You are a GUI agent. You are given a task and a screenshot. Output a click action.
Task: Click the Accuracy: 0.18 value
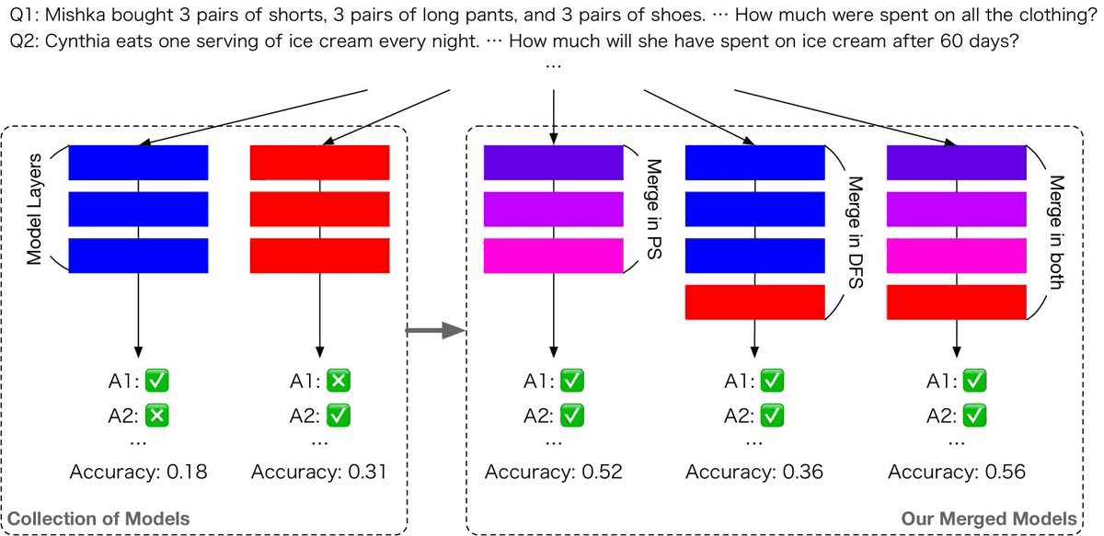pyautogui.click(x=138, y=473)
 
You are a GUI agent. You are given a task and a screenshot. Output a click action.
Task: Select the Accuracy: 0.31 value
pyautogui.click(x=319, y=473)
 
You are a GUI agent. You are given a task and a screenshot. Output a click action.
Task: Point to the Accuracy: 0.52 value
pyautogui.click(x=554, y=473)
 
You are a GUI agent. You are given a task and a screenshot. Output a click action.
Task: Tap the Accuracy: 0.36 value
pyautogui.click(x=754, y=473)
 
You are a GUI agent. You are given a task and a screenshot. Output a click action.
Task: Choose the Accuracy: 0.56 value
pyautogui.click(x=956, y=473)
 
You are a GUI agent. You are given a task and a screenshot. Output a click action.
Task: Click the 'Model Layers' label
pyautogui.click(x=36, y=209)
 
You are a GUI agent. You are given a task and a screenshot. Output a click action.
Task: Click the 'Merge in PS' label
pyautogui.click(x=654, y=209)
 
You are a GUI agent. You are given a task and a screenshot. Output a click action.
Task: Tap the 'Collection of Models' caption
pyautogui.click(x=98, y=519)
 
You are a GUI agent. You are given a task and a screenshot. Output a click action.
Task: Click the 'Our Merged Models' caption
pyautogui.click(x=988, y=519)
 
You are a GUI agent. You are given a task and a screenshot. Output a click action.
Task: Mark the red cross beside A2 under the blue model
pyautogui.click(x=157, y=416)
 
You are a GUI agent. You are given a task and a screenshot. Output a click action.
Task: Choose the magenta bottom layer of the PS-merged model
pyautogui.click(x=554, y=256)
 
